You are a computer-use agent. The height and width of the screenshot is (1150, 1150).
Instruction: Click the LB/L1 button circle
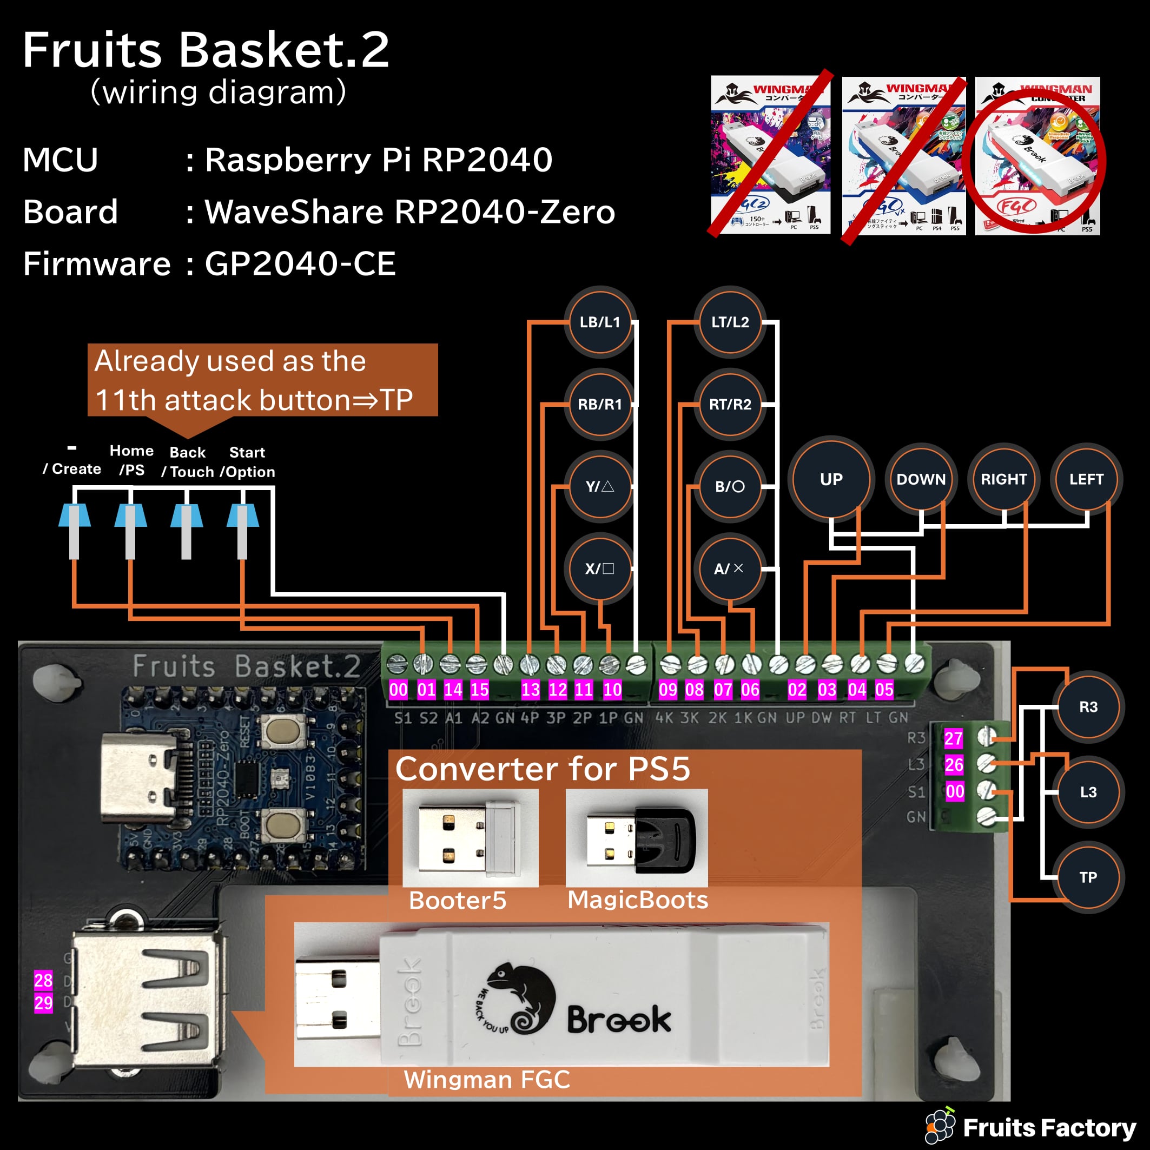(x=600, y=322)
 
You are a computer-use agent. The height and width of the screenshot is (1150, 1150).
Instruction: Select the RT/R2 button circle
(x=730, y=404)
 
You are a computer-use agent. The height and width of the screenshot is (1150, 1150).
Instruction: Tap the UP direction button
(x=831, y=479)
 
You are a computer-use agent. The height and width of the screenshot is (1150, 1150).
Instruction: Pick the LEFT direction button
(x=1086, y=479)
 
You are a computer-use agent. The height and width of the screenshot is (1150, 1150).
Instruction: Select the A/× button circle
(x=729, y=569)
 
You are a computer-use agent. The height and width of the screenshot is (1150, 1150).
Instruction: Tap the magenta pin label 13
(x=530, y=690)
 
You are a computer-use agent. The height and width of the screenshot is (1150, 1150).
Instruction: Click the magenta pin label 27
(x=954, y=739)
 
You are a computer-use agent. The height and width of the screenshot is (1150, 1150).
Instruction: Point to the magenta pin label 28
(x=43, y=980)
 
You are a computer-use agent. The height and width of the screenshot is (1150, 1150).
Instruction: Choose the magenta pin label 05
(x=884, y=690)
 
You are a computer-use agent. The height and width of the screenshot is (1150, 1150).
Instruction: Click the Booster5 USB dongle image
(x=470, y=838)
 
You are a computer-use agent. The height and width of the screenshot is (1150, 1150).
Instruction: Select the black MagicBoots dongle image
(x=637, y=838)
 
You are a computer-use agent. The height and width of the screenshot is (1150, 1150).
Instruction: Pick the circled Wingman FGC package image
(x=1037, y=156)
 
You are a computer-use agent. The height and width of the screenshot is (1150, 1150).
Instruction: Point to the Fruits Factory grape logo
(x=941, y=1126)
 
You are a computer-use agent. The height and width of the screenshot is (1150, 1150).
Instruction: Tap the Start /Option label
(x=248, y=462)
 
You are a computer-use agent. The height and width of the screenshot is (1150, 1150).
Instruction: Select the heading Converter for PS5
(x=542, y=769)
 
